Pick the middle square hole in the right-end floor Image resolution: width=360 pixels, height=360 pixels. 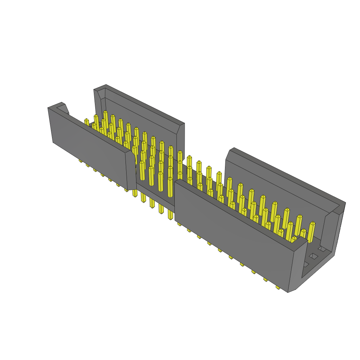314,256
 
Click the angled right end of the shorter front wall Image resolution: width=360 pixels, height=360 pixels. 131,171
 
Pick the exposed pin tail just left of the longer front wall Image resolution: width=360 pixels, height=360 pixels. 171,214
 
